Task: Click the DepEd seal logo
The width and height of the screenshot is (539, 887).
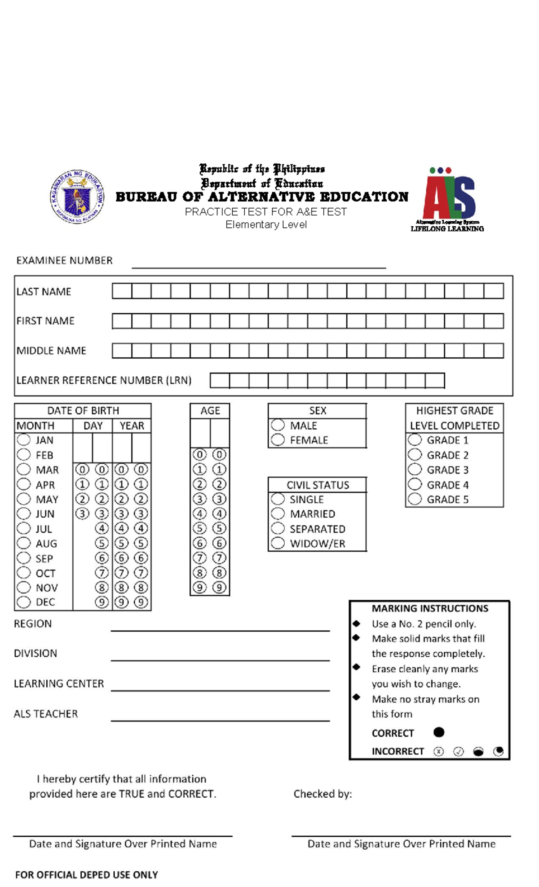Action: tap(77, 197)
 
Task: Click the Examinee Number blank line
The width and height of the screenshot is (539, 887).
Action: tap(258, 265)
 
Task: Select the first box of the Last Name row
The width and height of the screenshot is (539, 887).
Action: tap(122, 291)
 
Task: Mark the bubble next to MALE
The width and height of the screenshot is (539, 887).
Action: tap(278, 425)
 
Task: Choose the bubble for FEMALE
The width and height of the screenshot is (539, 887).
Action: tap(278, 439)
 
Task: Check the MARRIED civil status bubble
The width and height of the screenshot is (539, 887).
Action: tap(278, 513)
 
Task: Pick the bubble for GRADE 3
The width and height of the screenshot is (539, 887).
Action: tap(415, 469)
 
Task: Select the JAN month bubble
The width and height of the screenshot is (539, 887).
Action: tap(23, 439)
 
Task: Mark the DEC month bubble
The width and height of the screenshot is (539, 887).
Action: tap(23, 602)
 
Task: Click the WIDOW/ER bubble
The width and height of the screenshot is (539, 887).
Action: tap(278, 543)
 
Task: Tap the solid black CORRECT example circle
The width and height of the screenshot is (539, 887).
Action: tap(439, 732)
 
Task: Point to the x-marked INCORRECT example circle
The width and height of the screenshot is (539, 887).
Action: tap(438, 751)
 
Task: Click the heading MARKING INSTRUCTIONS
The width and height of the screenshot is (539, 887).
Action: tap(429, 608)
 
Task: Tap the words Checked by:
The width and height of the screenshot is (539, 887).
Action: tap(323, 794)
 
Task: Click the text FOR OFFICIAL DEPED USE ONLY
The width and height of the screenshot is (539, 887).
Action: tap(86, 874)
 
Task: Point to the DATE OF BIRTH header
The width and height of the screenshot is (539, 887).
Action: tap(83, 410)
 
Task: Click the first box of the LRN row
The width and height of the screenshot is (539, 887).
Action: tap(220, 380)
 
